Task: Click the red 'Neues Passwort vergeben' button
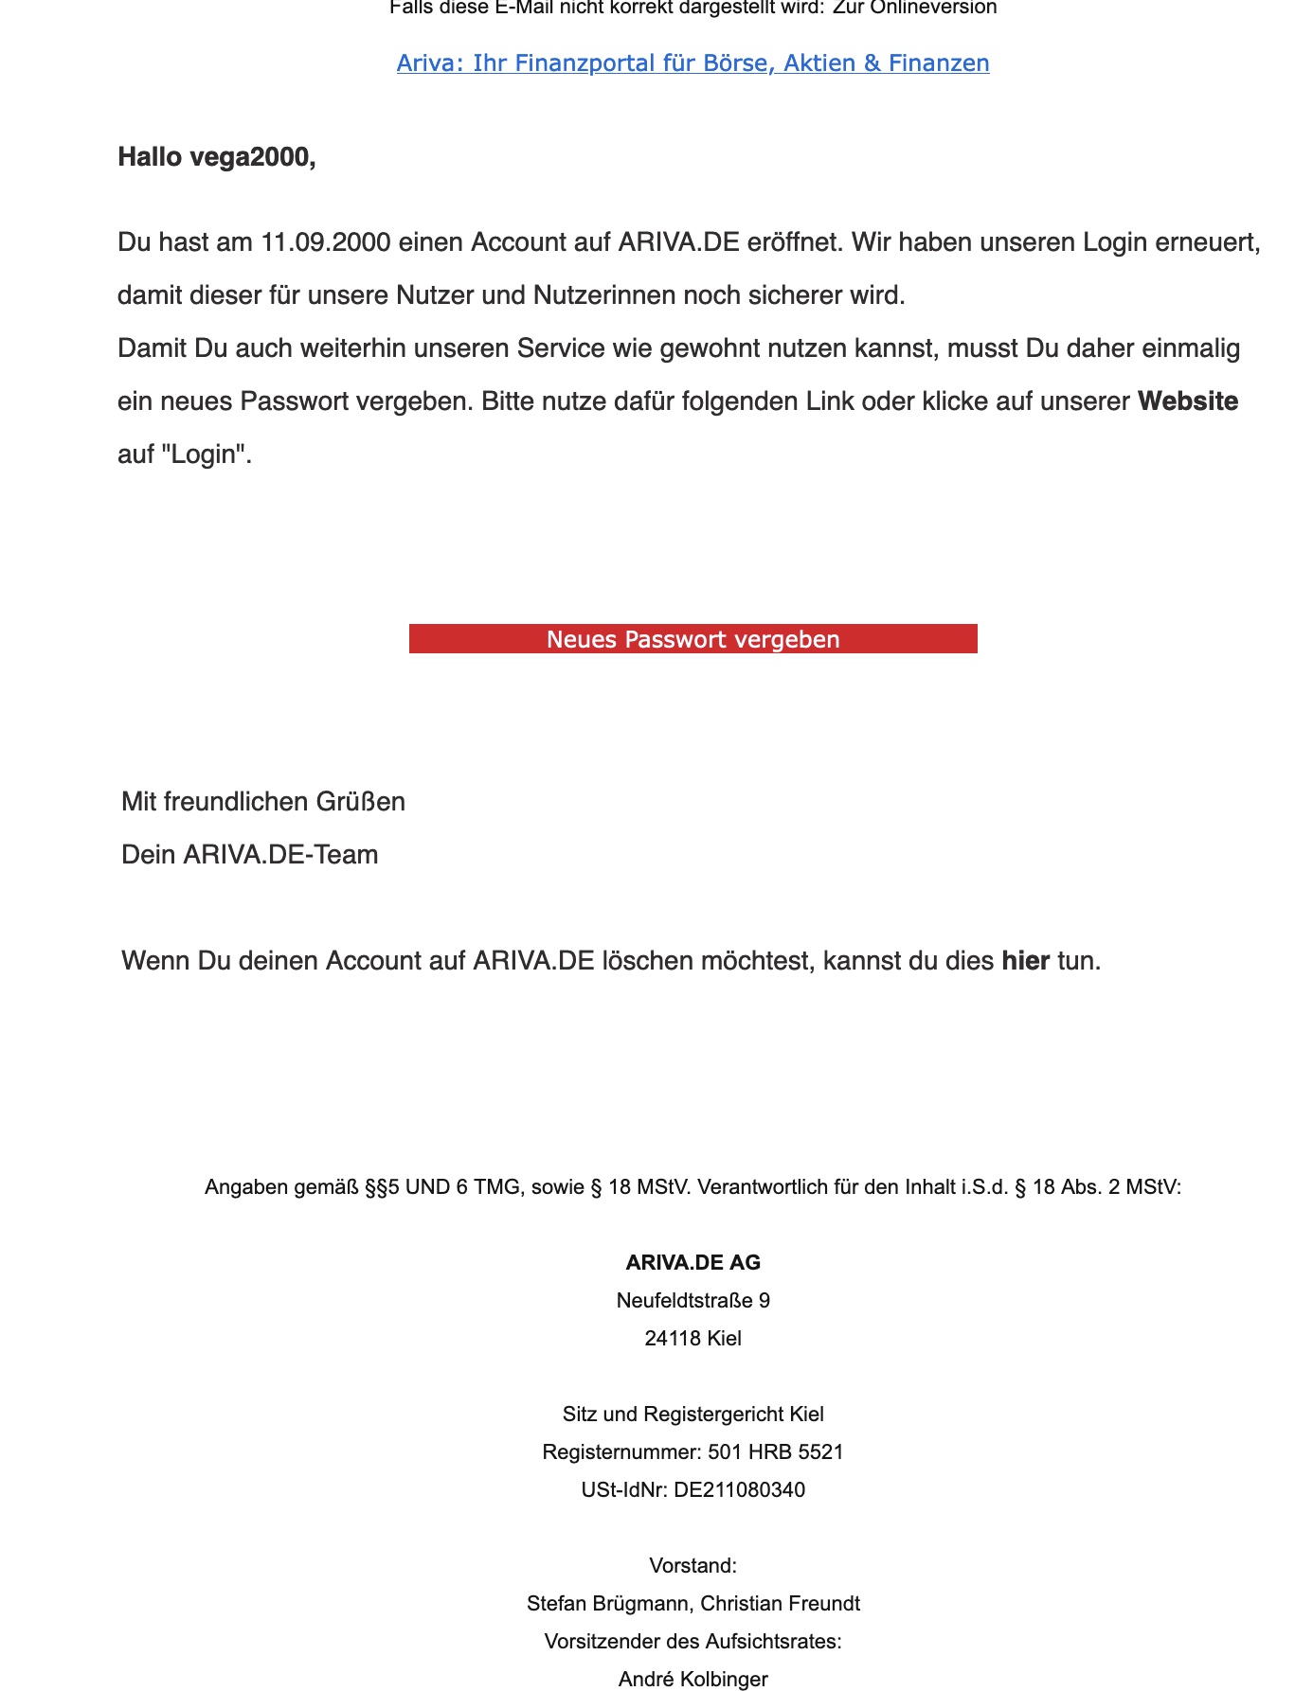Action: [692, 639]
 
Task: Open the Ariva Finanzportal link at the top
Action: [692, 63]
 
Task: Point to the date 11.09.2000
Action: [325, 243]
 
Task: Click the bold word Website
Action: [1187, 401]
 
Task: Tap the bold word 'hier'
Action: [1025, 961]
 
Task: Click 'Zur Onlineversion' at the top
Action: [914, 9]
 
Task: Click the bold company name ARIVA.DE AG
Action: [692, 1262]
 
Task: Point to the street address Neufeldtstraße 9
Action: [692, 1300]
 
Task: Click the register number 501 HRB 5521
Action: [775, 1451]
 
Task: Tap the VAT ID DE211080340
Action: [739, 1489]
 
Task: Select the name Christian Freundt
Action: [780, 1603]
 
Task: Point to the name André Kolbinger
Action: [692, 1679]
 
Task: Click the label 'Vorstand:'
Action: [692, 1565]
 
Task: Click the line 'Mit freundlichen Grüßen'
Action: [263, 802]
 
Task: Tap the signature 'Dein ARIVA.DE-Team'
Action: [250, 855]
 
